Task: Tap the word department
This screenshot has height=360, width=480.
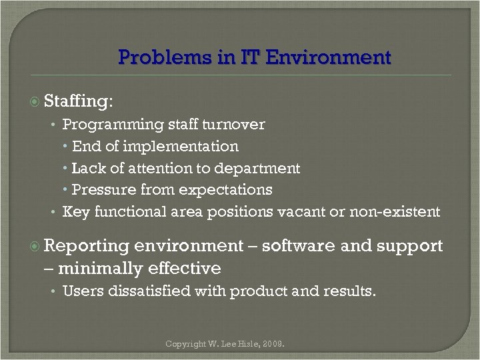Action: [x=260, y=168]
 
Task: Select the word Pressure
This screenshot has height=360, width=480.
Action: [x=101, y=190]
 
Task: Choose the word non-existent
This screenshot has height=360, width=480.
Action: [x=403, y=212]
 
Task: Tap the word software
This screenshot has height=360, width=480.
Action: [x=299, y=246]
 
